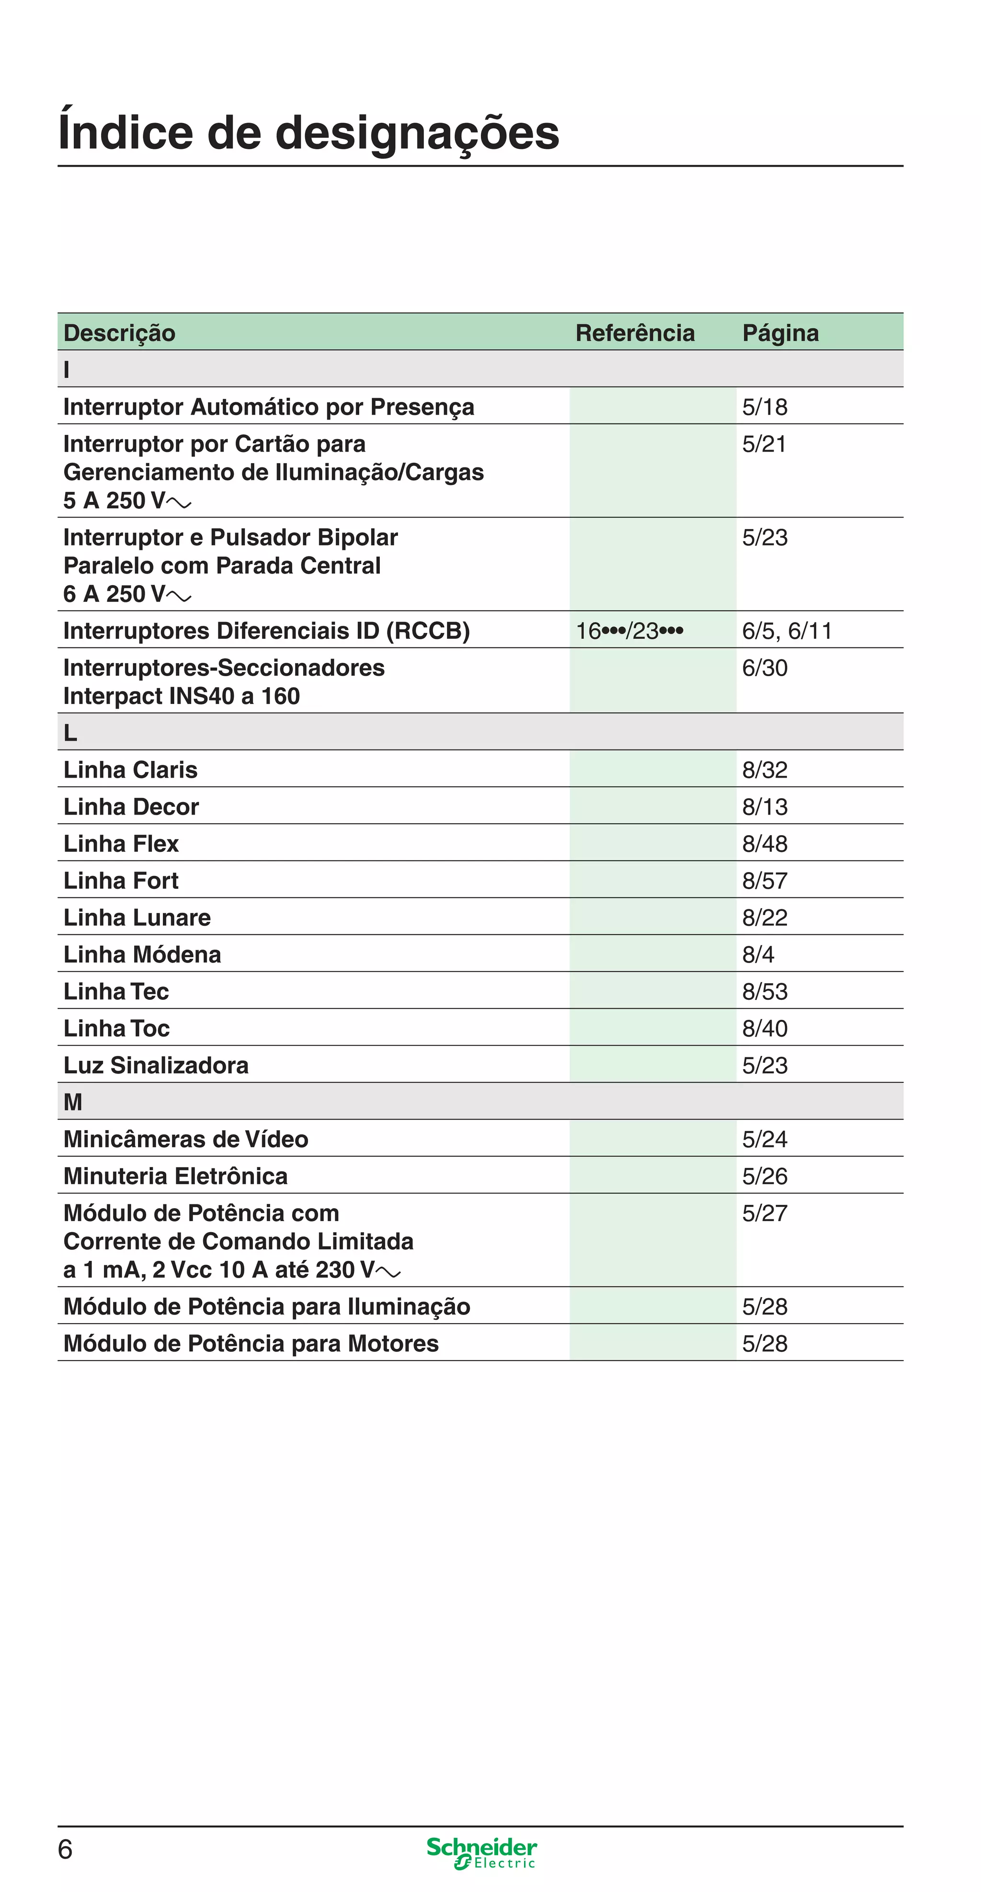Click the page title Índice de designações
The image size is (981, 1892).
[308, 133]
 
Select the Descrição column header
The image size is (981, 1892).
[120, 333]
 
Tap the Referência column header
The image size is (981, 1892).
[634, 333]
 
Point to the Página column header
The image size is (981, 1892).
[780, 333]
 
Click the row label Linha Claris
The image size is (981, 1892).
[130, 770]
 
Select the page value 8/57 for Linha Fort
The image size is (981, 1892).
[764, 881]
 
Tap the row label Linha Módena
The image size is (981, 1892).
[142, 954]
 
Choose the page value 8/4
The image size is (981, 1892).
[758, 954]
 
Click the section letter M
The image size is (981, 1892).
[73, 1102]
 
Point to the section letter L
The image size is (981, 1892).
[70, 732]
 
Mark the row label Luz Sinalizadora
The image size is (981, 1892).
[156, 1065]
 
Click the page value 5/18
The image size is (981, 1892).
[764, 407]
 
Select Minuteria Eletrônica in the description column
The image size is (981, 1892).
[175, 1176]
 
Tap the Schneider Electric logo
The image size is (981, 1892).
[481, 1852]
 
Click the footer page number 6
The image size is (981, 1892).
[66, 1849]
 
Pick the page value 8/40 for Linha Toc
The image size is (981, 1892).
[764, 1028]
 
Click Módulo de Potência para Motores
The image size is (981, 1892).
[251, 1343]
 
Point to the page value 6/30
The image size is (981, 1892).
[764, 668]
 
